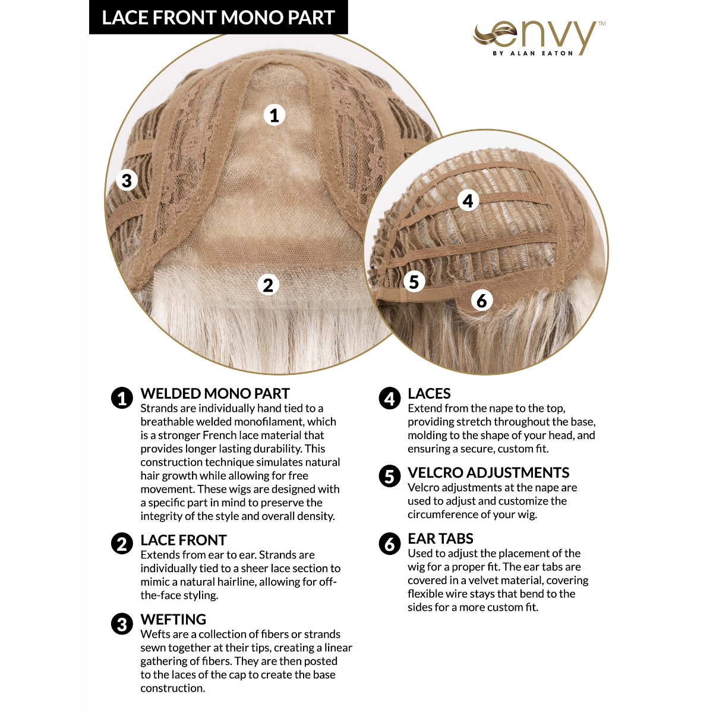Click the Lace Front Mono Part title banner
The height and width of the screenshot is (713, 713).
pos(218,17)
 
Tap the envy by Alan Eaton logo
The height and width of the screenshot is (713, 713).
pos(539,37)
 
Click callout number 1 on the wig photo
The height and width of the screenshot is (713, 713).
pos(274,115)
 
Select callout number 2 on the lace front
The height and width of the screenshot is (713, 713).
pos(269,285)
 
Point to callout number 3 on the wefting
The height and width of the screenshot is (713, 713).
pos(127,180)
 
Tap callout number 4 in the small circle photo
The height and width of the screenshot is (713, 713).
pos(468,201)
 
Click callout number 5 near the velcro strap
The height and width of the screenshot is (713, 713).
pos(414,282)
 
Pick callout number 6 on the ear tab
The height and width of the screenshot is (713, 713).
pos(482,301)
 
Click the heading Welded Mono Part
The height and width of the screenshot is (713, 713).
pos(215,393)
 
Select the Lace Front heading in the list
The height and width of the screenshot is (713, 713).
pos(184,540)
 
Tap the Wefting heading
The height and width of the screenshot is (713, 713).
pos(173,619)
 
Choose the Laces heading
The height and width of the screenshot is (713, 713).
pos(429,393)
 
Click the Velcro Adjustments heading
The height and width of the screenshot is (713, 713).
pos(488,472)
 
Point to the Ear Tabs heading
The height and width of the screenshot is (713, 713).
pos(440,538)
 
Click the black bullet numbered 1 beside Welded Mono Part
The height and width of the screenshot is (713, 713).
pos(122,398)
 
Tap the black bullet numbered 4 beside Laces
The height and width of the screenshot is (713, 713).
pos(390,398)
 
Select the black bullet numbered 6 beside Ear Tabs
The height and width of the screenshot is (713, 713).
pos(390,544)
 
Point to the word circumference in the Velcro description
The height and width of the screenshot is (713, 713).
pos(441,514)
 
